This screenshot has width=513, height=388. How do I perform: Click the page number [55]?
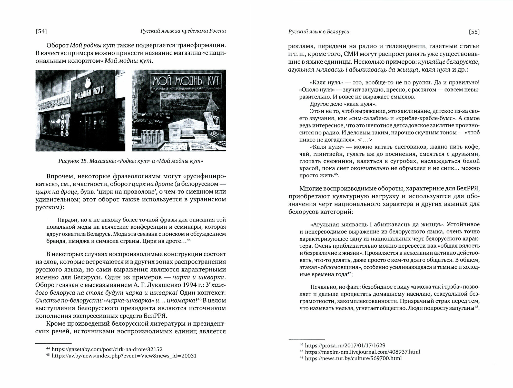click(474, 32)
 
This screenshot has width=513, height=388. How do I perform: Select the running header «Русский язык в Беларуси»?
click(319, 32)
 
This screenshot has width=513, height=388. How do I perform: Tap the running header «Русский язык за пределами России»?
click(183, 31)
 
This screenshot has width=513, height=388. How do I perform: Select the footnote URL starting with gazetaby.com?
click(107, 349)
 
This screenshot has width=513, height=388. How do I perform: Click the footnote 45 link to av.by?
click(124, 356)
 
